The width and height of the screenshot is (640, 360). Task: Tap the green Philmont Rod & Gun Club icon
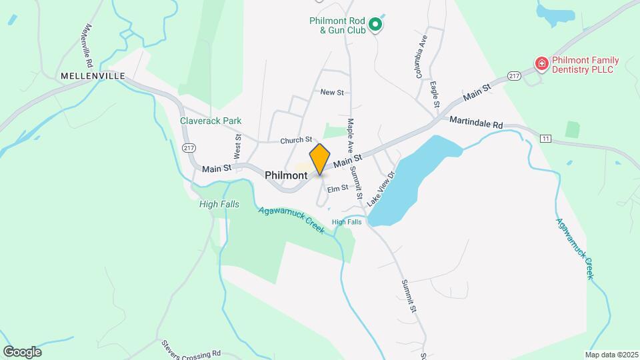[x=375, y=25]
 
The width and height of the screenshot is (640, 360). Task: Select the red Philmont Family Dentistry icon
[x=542, y=64]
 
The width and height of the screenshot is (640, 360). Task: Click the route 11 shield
[x=546, y=138]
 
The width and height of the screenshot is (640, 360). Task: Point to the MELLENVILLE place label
[x=93, y=77]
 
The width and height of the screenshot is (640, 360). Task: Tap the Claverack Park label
[x=211, y=121]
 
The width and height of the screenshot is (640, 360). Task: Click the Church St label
[x=296, y=140]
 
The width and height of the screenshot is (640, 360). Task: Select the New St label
[x=331, y=92]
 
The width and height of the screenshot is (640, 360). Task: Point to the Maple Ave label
[x=350, y=136]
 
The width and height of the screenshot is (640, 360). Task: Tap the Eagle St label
[x=435, y=95]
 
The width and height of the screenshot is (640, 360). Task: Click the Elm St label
[x=337, y=188]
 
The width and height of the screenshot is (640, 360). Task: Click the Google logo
[x=22, y=351]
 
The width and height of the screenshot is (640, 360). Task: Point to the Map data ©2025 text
[x=611, y=355]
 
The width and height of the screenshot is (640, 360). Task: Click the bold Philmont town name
[x=286, y=175]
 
